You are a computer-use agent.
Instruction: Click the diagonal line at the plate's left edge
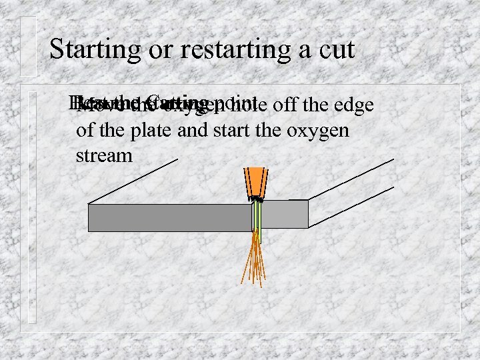(133, 181)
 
